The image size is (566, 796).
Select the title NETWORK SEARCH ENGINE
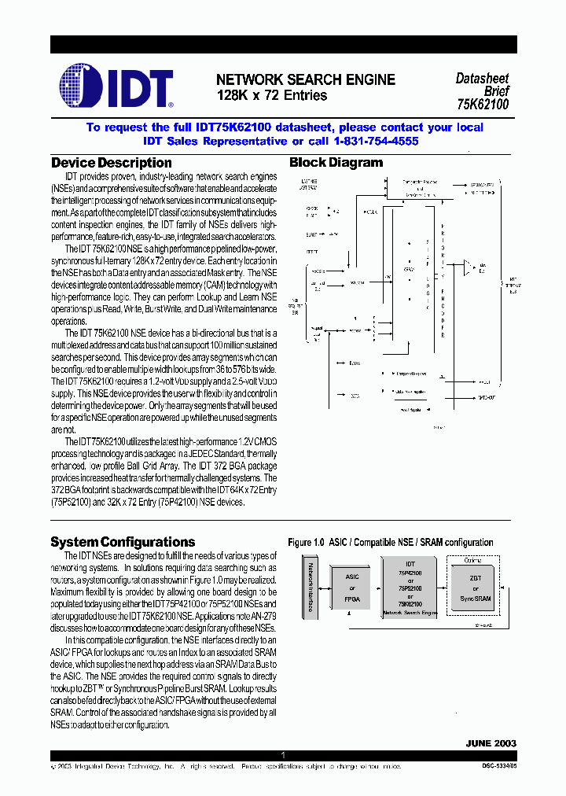305,80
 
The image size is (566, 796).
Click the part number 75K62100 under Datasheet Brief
483,104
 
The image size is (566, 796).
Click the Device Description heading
111,163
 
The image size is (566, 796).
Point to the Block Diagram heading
336,163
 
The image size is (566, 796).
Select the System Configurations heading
123,542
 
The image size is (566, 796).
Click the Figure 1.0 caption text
390,543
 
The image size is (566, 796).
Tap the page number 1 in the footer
282,755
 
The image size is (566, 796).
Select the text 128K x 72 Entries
272,96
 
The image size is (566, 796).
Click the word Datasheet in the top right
482,79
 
